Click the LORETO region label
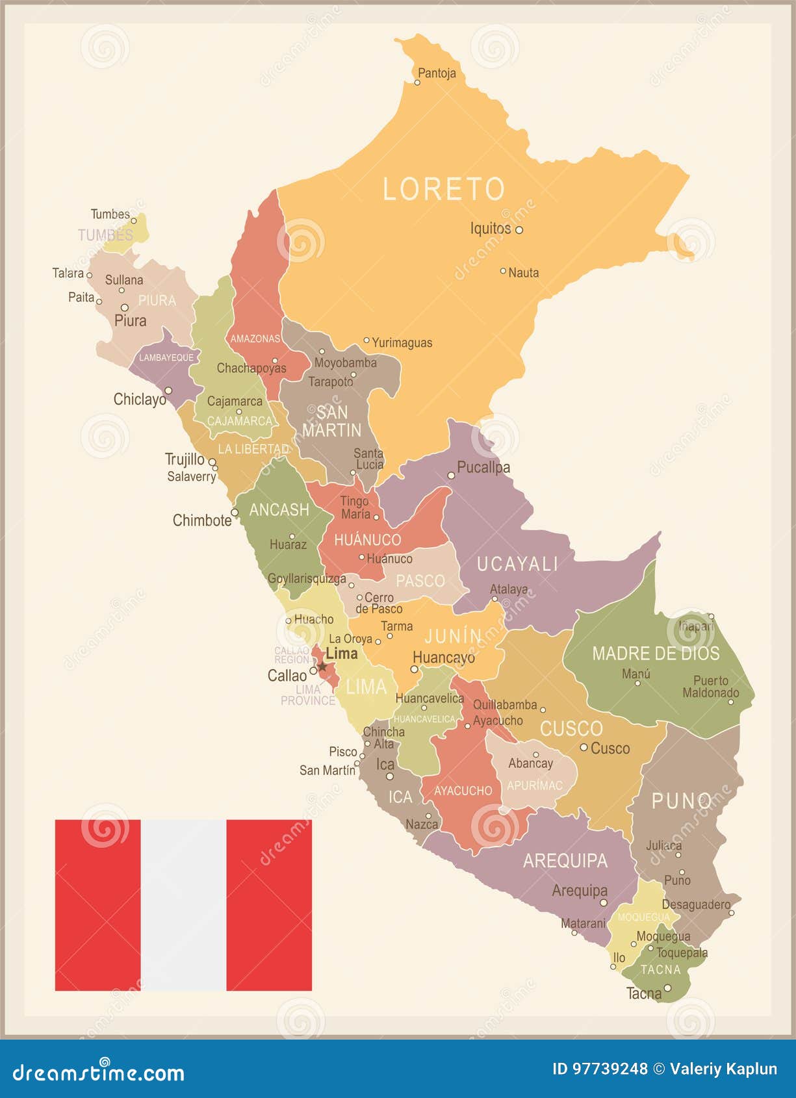point(443,189)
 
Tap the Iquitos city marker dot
point(519,229)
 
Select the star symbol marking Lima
point(322,667)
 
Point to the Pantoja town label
point(437,73)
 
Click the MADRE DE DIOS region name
point(655,654)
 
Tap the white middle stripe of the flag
point(183,904)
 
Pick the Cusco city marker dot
point(584,748)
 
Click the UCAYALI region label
point(517,564)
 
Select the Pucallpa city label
point(483,467)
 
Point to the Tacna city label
point(643,993)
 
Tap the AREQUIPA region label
point(565,861)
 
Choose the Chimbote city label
point(201,520)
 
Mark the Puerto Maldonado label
point(710,687)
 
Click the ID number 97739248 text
point(599,1069)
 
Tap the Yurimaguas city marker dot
point(366,340)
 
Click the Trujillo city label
point(185,459)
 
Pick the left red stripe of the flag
point(97,904)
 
